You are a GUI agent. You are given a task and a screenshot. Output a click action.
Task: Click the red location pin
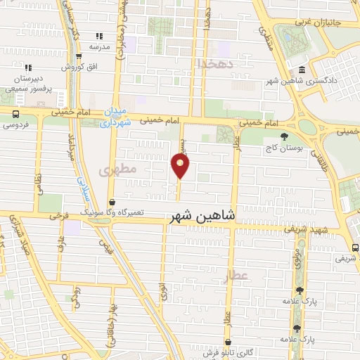coord(181,166)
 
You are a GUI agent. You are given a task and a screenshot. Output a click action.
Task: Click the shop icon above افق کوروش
coord(76,57)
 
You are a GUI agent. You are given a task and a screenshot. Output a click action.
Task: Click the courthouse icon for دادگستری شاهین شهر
coord(302,70)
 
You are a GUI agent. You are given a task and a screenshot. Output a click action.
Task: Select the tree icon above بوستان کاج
coord(284,136)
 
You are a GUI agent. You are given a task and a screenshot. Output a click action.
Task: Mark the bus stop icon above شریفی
coord(355,247)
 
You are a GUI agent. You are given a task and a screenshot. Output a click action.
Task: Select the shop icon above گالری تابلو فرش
coord(227,342)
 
